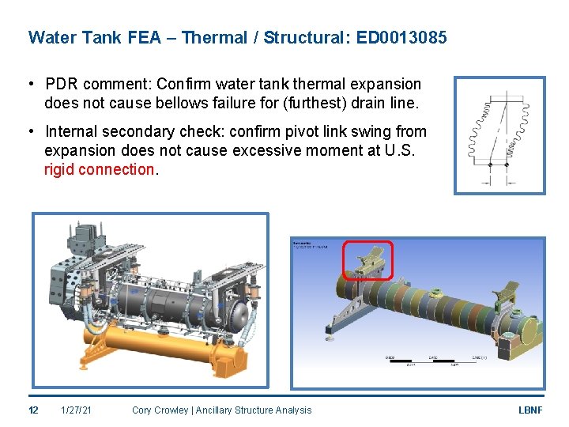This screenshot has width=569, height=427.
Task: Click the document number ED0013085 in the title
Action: pyautogui.click(x=401, y=37)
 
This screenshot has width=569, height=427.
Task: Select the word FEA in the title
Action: pyautogui.click(x=143, y=37)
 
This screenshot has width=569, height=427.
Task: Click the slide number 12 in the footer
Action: pyautogui.click(x=33, y=410)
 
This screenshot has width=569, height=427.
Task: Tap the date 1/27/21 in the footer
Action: pyautogui.click(x=76, y=410)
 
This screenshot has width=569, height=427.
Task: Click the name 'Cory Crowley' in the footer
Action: pyautogui.click(x=160, y=410)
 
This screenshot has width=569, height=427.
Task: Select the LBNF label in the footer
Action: pyautogui.click(x=529, y=410)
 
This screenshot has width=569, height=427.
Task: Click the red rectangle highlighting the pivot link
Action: pyautogui.click(x=367, y=260)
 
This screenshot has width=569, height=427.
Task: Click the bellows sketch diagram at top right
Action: pyautogui.click(x=499, y=135)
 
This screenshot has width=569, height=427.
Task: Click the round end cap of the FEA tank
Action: pyautogui.click(x=528, y=331)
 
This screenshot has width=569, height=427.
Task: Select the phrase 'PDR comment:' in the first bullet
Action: pyautogui.click(x=99, y=84)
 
